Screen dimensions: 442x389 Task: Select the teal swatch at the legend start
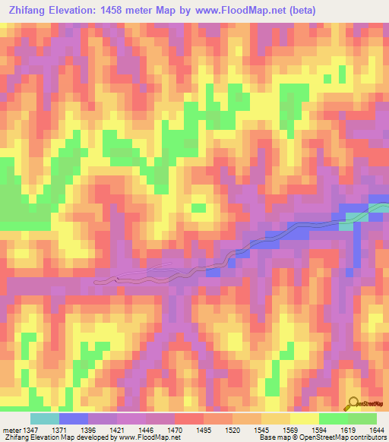coord(44,418)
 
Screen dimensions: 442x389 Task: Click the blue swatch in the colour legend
coord(73,418)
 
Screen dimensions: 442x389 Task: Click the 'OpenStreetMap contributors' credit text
coord(346,438)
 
